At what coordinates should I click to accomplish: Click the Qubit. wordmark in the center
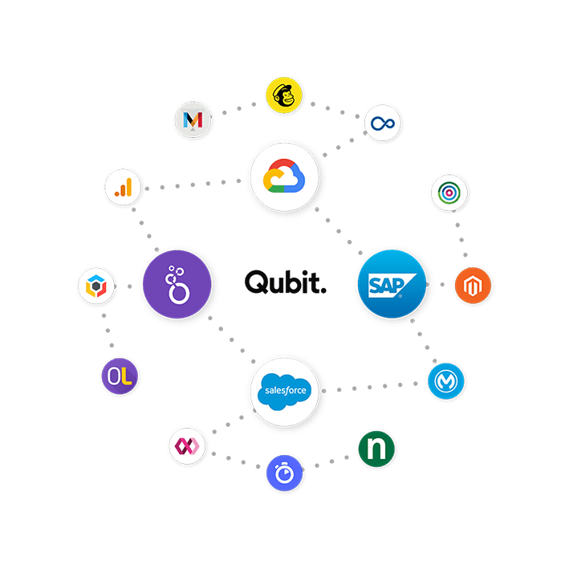(x=286, y=282)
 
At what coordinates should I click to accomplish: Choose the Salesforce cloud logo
(x=286, y=392)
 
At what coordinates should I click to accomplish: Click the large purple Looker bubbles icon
(x=176, y=283)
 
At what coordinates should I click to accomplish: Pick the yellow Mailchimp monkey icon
(x=287, y=96)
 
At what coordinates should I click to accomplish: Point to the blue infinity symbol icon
(x=382, y=123)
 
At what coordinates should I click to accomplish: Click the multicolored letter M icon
(x=193, y=120)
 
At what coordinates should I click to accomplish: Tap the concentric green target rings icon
(x=449, y=192)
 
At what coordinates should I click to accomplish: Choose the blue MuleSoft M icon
(x=447, y=380)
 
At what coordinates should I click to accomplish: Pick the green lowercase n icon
(x=376, y=449)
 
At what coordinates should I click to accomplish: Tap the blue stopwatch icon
(x=285, y=473)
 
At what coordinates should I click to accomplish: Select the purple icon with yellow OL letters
(x=120, y=376)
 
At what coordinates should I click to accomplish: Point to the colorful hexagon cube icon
(x=97, y=285)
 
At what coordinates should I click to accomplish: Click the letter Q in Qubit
(x=255, y=282)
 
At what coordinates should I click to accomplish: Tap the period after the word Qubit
(x=323, y=291)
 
